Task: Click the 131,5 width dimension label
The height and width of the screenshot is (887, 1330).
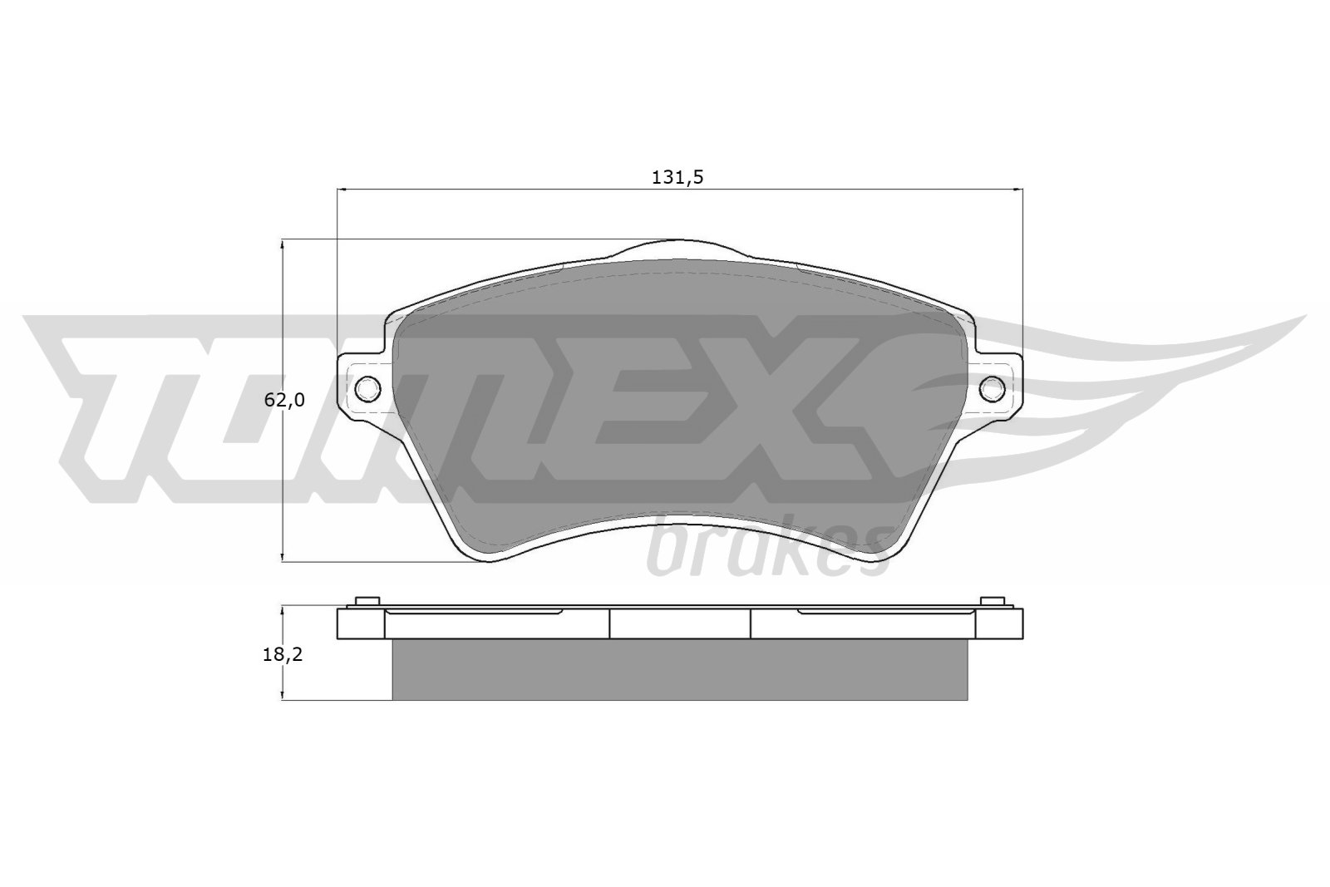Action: tap(679, 176)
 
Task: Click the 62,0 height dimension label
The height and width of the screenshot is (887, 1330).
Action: tap(284, 400)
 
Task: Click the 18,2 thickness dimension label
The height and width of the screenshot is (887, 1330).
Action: tap(283, 654)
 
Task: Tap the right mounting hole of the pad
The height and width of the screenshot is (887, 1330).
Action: tap(993, 387)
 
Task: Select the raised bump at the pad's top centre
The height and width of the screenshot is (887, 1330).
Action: tap(679, 248)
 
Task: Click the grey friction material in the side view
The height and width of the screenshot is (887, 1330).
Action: tap(679, 669)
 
